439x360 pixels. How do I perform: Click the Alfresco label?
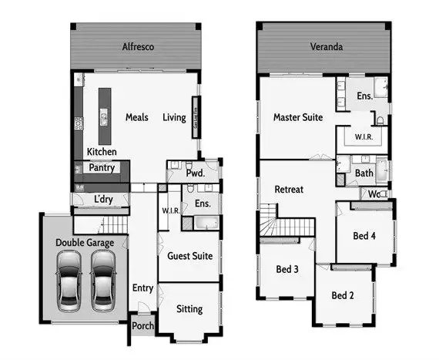139,47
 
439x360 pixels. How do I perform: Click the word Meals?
137,118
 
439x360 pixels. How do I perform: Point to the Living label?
174,118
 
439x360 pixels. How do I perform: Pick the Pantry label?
102,167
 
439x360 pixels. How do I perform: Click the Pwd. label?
194,174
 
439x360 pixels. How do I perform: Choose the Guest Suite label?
189,256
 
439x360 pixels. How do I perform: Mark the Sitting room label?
189,309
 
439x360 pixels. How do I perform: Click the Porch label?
143,326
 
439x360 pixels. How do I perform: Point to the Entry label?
142,288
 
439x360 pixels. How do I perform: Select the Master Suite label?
298,118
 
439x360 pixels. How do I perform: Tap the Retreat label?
289,189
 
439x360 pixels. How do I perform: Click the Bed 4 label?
365,235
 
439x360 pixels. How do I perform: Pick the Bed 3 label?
287,269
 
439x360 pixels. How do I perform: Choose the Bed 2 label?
343,295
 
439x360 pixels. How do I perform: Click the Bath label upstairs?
364,173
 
